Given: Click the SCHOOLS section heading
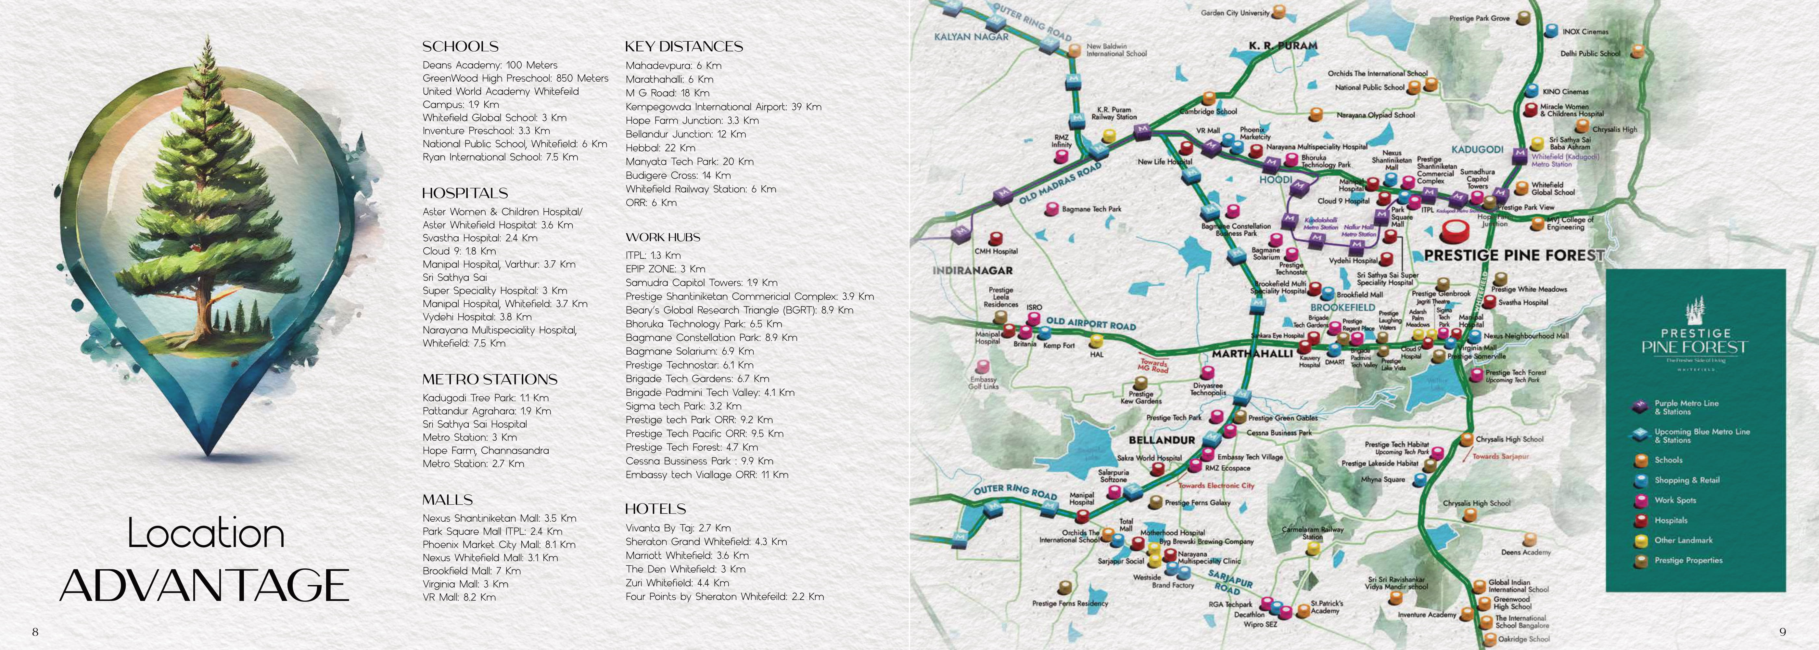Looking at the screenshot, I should point(460,46).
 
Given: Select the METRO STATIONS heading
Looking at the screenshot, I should point(490,379).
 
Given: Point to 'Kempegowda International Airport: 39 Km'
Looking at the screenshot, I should point(723,107).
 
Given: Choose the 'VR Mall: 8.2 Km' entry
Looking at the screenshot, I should point(459,597).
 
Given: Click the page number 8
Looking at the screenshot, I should point(35,631).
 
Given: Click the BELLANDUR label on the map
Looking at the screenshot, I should point(1161,439).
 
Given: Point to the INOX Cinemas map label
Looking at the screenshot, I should point(1584,32).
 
